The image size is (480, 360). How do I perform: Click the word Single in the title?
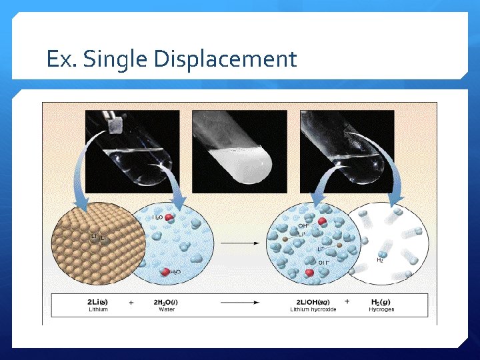(x=114, y=59)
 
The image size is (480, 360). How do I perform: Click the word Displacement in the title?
(x=225, y=59)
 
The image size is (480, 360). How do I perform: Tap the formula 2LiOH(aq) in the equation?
(x=313, y=302)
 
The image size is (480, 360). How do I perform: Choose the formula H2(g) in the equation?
(x=381, y=302)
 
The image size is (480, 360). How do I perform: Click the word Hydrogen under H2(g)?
(x=381, y=310)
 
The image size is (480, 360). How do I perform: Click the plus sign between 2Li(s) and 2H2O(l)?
(x=131, y=303)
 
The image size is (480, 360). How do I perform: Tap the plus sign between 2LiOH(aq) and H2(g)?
(x=347, y=303)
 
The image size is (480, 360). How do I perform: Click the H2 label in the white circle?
(x=380, y=260)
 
